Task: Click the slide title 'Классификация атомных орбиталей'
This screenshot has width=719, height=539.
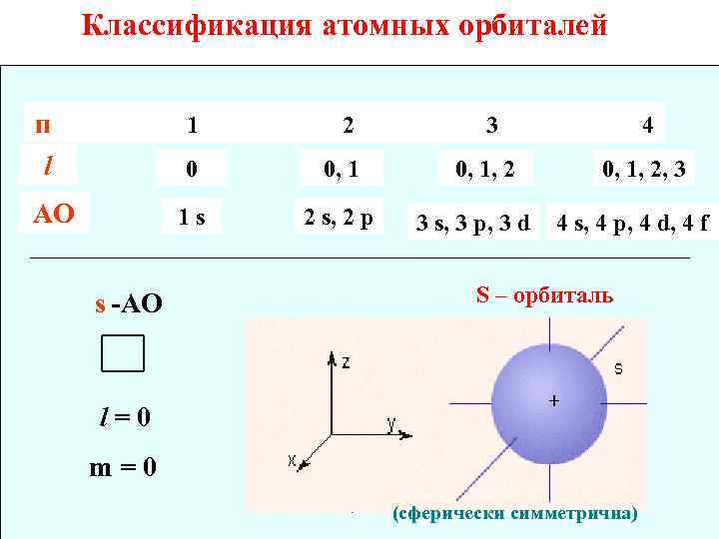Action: [x=345, y=25]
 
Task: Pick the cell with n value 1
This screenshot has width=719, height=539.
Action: [x=193, y=125]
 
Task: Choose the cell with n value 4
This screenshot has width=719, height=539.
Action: [x=648, y=125]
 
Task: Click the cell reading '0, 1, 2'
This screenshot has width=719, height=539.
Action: [x=485, y=171]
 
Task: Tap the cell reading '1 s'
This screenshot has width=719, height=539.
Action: [x=193, y=217]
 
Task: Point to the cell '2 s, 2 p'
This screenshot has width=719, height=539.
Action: [x=338, y=217]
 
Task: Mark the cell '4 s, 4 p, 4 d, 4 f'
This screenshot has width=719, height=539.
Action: [x=632, y=222]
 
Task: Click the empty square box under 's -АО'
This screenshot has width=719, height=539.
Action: [x=123, y=352]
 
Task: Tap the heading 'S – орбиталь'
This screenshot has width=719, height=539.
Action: [x=544, y=297]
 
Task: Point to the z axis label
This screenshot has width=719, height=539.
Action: [x=346, y=362]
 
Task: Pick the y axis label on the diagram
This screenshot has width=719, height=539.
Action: [x=393, y=425]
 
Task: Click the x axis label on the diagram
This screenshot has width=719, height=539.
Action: [x=293, y=461]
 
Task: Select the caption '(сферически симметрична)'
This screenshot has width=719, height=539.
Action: [x=514, y=514]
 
